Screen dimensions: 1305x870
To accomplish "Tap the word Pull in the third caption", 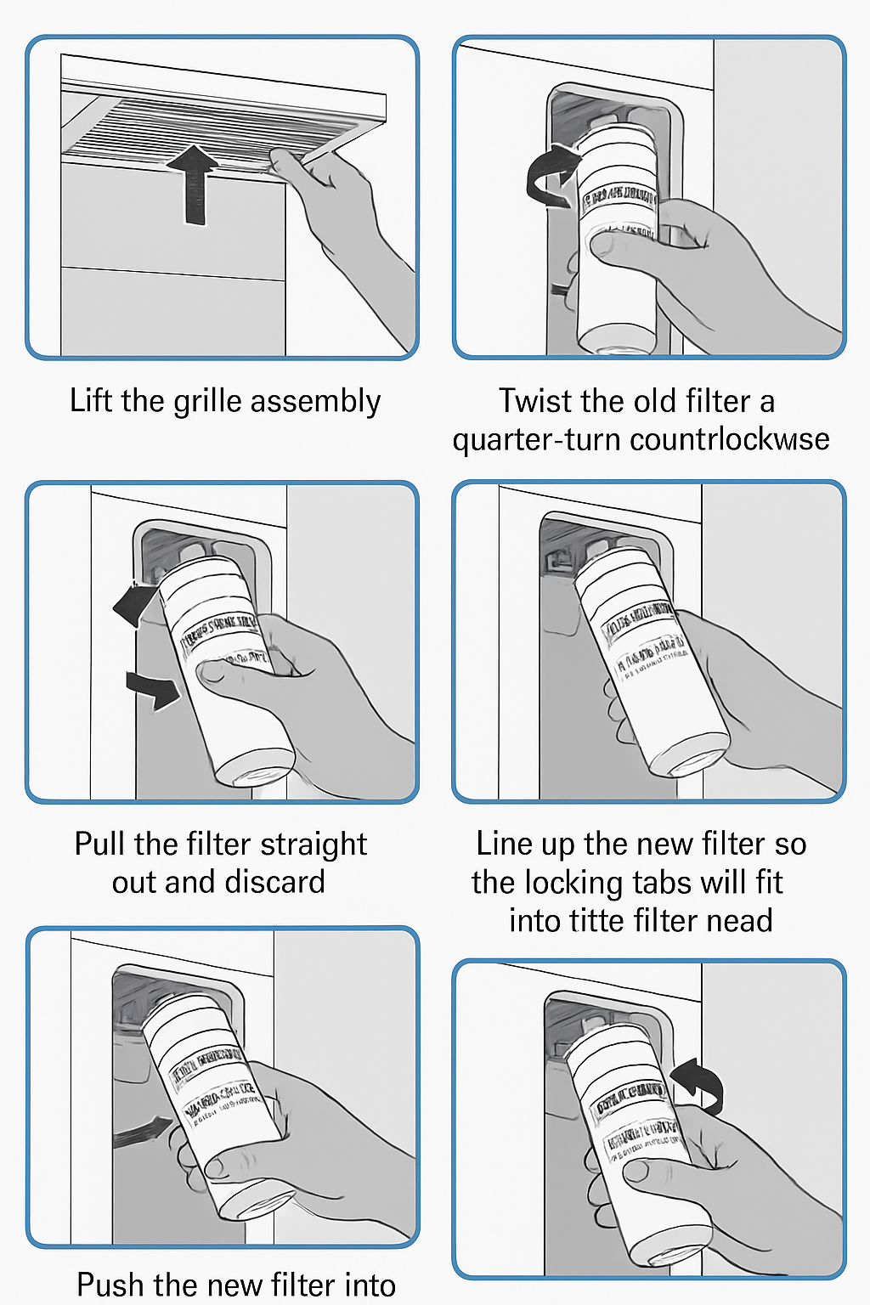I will (x=99, y=844).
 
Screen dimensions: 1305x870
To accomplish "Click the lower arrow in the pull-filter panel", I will (x=154, y=689).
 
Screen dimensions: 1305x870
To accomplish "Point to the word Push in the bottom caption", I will (x=110, y=1285).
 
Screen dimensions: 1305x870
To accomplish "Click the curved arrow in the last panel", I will (x=699, y=1083).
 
